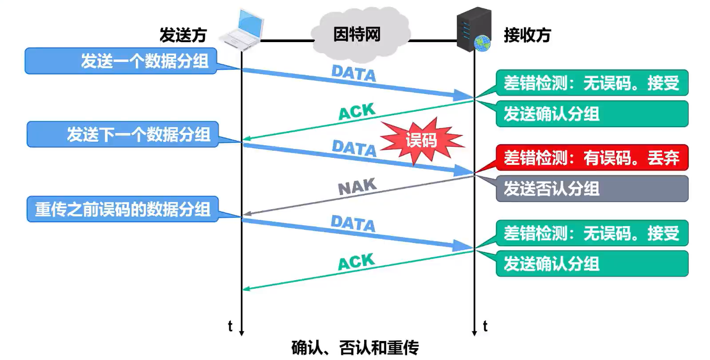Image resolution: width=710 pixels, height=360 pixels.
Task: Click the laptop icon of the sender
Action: click(x=242, y=30)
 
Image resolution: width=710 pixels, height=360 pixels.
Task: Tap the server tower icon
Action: click(x=474, y=29)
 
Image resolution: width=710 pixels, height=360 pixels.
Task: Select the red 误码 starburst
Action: click(x=422, y=141)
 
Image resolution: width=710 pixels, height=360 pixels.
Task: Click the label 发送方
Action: click(x=183, y=35)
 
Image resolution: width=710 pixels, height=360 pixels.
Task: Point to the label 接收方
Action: click(x=527, y=35)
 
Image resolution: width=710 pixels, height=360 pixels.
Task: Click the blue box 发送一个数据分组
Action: click(x=121, y=61)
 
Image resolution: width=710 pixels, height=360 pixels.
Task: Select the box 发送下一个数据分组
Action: click(x=123, y=134)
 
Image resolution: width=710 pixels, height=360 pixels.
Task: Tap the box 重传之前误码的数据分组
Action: click(x=123, y=209)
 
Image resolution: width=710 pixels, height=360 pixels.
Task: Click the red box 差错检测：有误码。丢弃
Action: click(x=592, y=157)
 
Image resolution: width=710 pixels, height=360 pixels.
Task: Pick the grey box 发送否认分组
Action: click(x=592, y=188)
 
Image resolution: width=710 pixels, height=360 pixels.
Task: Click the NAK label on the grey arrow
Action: click(x=357, y=187)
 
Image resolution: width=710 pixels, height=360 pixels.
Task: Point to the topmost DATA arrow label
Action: click(x=353, y=74)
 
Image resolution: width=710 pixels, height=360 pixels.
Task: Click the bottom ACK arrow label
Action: click(x=357, y=262)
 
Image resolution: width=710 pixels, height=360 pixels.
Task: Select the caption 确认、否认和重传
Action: click(x=355, y=348)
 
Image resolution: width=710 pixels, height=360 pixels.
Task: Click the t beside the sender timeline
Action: click(x=231, y=326)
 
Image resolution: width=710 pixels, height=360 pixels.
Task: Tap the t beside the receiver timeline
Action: click(x=485, y=326)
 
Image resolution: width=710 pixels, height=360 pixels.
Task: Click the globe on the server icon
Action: click(x=482, y=43)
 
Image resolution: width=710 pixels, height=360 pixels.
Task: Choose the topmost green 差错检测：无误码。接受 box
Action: click(x=592, y=83)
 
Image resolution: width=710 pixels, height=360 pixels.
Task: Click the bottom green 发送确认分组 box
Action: click(x=592, y=264)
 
